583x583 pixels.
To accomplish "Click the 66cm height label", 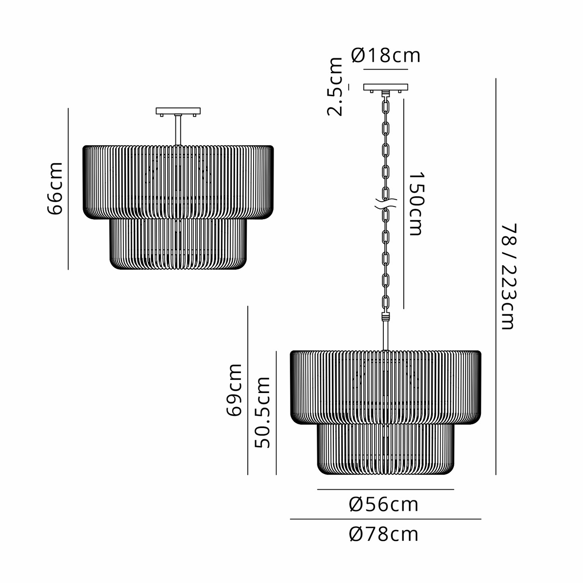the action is click(x=55, y=188).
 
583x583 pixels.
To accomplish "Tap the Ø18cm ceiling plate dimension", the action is click(x=386, y=56).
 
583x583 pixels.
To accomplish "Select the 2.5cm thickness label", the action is click(x=335, y=87).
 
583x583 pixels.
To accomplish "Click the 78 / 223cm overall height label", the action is click(x=508, y=276).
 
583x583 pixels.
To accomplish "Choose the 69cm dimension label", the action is click(x=235, y=390).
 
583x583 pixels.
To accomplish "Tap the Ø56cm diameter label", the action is click(x=384, y=505).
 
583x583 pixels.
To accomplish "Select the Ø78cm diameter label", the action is click(x=384, y=534).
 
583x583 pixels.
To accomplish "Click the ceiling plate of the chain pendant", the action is click(x=385, y=87).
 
